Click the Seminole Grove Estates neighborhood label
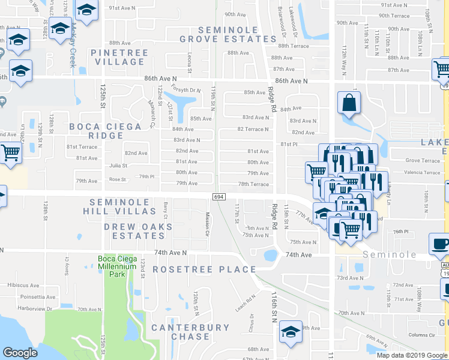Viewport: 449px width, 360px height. pyautogui.click(x=228, y=34)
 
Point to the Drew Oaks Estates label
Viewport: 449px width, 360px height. pyautogui.click(x=138, y=231)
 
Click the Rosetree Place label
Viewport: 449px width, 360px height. pyautogui.click(x=204, y=269)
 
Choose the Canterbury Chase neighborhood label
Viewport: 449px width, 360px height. pyautogui.click(x=190, y=332)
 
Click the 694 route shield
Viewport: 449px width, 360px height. pyautogui.click(x=218, y=197)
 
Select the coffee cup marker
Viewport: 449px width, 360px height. pyautogui.click(x=441, y=244)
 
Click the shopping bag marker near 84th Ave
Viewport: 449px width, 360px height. pyautogui.click(x=349, y=104)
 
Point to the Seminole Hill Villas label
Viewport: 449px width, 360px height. pyautogui.click(x=122, y=206)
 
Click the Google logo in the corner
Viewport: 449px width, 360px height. pyautogui.click(x=20, y=353)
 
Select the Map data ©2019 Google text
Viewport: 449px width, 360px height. pyautogui.click(x=411, y=355)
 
